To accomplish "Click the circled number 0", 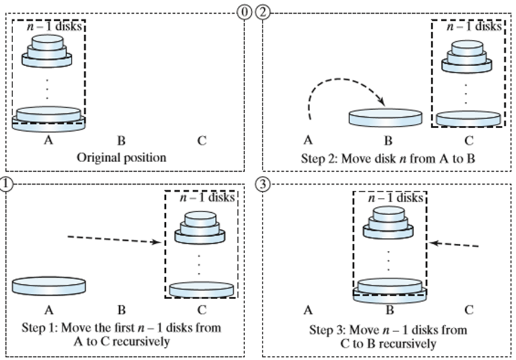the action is [244, 13].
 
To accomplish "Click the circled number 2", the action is [263, 13].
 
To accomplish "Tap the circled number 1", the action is [5, 184].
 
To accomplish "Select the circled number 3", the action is [263, 184].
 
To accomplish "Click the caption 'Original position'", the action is [122, 157].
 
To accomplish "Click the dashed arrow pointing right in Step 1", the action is [114, 240].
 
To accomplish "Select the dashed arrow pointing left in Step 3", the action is [454, 244].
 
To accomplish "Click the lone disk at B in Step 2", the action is [385, 117].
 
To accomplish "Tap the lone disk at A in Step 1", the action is [49, 285].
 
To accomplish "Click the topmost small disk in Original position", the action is [47, 42].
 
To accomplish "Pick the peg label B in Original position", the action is [122, 141].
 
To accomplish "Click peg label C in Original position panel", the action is [202, 141].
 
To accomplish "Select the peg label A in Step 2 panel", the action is [308, 141].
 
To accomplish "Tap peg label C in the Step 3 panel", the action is [469, 310].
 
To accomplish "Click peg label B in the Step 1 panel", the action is [122, 310].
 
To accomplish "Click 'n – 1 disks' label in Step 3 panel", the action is [396, 198].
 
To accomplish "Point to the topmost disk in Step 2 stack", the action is [467, 48].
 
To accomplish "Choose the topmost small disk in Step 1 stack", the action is [200, 219].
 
